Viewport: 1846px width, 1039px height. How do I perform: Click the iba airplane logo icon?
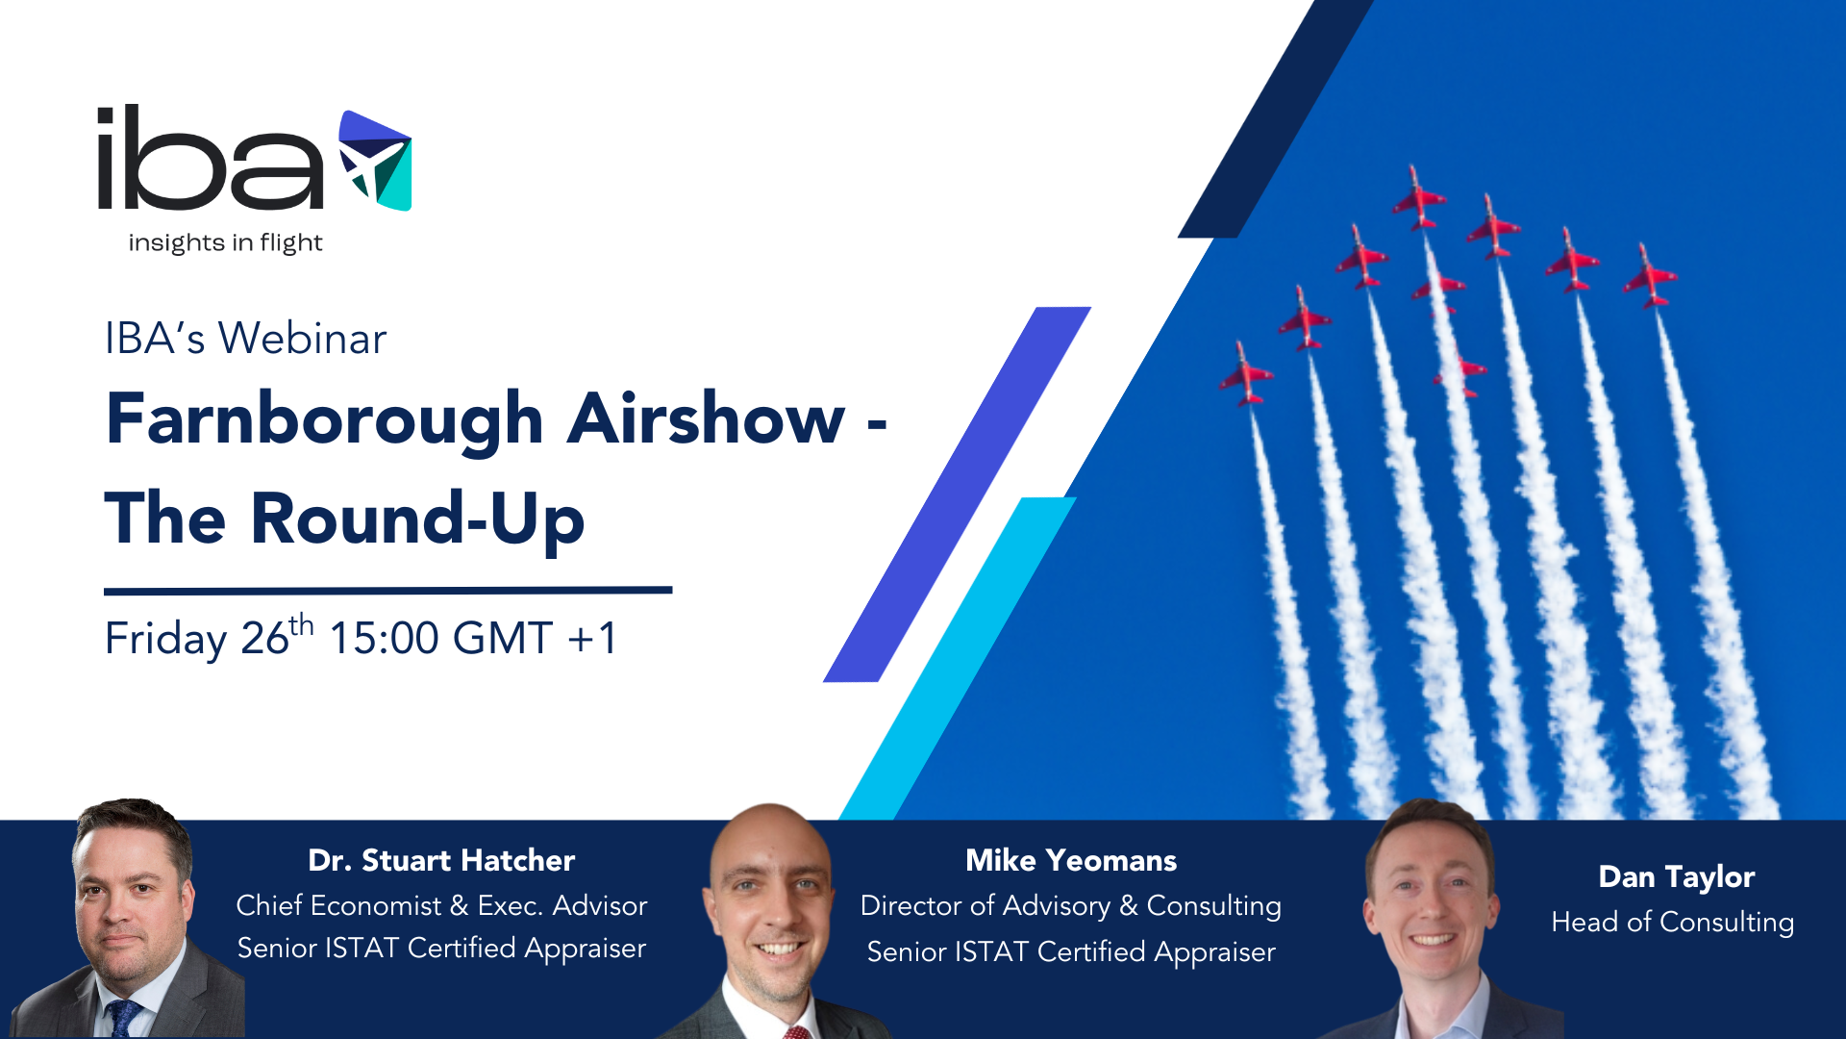coord(375,161)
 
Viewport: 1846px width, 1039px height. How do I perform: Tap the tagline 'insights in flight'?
coord(225,242)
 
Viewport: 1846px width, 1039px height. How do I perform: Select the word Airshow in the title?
coord(706,418)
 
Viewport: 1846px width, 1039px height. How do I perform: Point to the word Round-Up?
coord(417,520)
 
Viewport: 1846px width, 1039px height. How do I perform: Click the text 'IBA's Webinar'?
coord(245,339)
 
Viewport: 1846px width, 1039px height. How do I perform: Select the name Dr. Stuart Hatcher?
coord(441,860)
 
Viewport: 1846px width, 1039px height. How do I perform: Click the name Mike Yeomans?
coord(1071,860)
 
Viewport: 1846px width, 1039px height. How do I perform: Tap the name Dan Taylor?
coord(1677,877)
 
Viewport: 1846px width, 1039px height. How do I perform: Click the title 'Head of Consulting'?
coord(1673,922)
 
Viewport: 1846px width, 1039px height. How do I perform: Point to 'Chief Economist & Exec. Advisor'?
coord(441,905)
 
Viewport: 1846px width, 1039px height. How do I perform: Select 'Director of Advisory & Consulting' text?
coord(1071,906)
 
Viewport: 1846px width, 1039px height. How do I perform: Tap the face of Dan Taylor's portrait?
coord(1431,895)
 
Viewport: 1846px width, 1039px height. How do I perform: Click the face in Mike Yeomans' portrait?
coord(770,904)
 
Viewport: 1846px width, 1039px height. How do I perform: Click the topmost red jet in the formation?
coord(1416,197)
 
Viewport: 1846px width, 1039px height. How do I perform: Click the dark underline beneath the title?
coord(388,591)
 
